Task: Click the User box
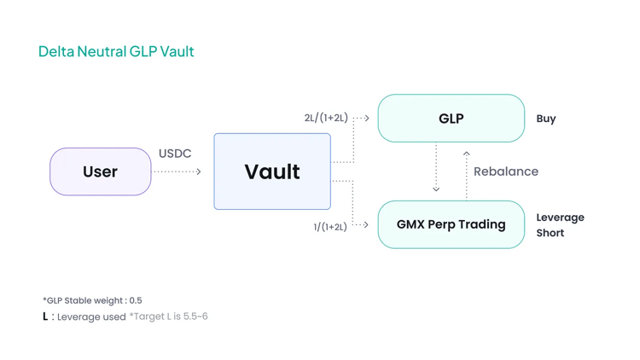[x=100, y=171]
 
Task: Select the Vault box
[x=272, y=171]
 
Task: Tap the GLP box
[x=451, y=119]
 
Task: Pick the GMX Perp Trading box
[x=451, y=224]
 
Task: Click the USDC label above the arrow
[x=175, y=154]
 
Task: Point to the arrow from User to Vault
[x=177, y=172]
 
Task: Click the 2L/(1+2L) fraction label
[x=326, y=118]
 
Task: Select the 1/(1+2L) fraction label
[x=330, y=227]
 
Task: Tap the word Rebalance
[x=506, y=171]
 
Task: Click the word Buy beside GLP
[x=546, y=119]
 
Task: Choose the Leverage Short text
[x=560, y=225]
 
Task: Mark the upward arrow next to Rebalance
[x=467, y=174]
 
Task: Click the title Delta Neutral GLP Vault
[x=116, y=51]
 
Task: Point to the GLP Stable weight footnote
[x=92, y=300]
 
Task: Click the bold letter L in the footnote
[x=45, y=316]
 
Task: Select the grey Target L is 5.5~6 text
[x=168, y=316]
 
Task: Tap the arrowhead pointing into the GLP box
[x=367, y=119]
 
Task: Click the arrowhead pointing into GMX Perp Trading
[x=366, y=225]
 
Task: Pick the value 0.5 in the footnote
[x=136, y=300]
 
